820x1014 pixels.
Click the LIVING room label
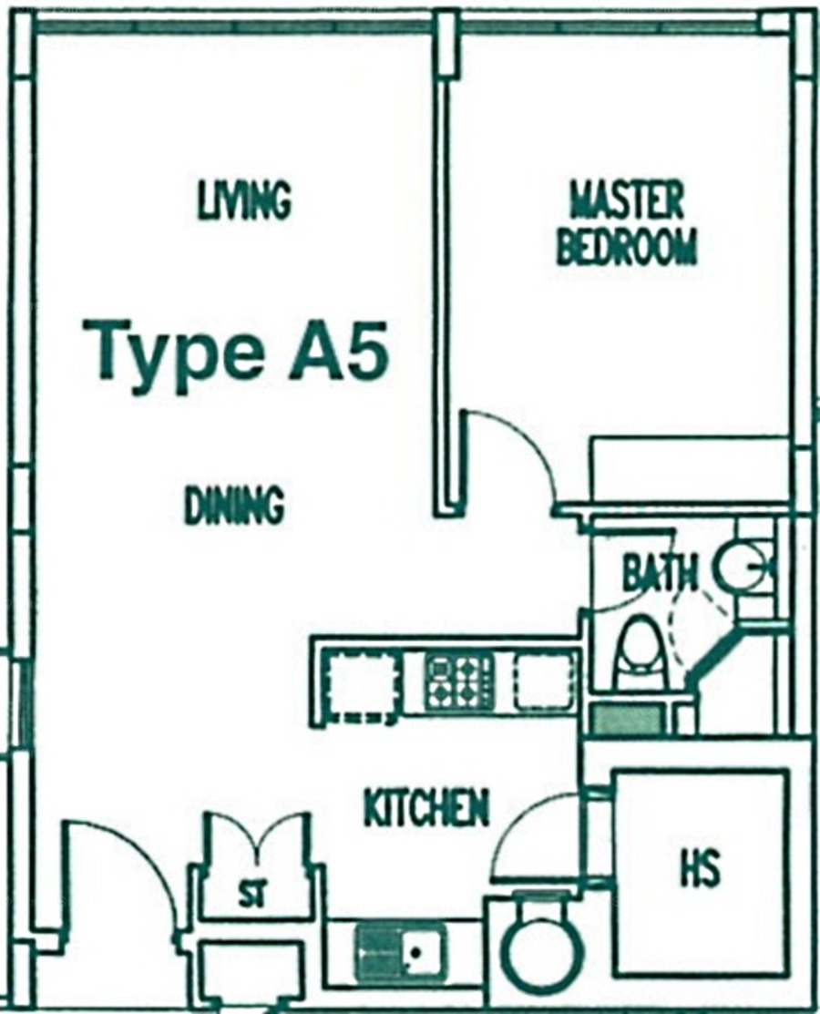point(244,200)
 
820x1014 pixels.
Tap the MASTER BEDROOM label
point(627,223)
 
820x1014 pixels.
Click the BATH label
point(660,573)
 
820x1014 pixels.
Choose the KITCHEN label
point(426,808)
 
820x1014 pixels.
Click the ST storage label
point(251,896)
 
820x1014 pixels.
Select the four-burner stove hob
point(459,680)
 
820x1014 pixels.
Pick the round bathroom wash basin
point(741,566)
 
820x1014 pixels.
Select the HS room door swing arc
point(518,821)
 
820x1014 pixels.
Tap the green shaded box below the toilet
point(627,720)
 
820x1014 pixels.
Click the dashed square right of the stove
point(543,681)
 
